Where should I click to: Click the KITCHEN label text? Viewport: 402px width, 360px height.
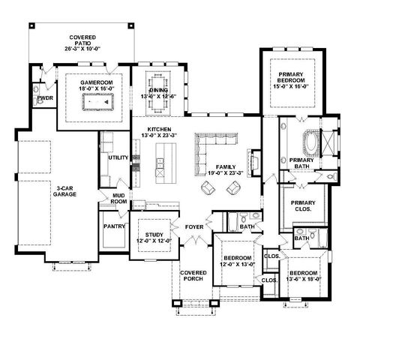160,130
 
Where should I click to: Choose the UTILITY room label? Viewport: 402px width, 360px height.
118,158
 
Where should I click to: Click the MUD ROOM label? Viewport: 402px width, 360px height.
118,199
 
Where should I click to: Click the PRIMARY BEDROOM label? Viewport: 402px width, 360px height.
295,78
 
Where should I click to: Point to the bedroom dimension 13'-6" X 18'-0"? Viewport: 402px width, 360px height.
304,277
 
